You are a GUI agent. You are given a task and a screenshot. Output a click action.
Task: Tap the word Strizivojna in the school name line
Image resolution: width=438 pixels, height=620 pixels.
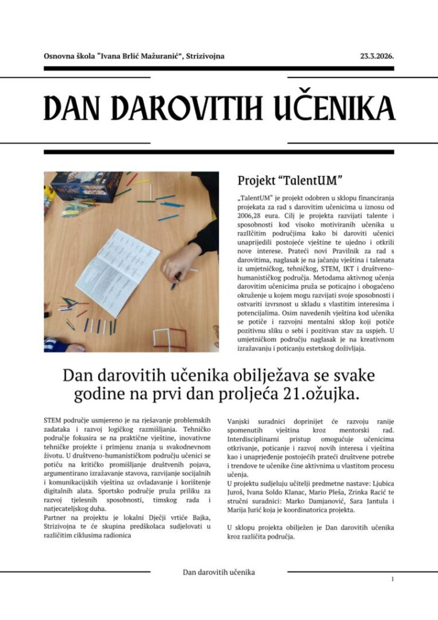coord(204,56)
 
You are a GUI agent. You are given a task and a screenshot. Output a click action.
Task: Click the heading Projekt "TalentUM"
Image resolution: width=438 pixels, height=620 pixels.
coord(290,180)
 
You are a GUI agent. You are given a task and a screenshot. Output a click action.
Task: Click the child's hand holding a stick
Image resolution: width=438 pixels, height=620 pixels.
coord(179,267)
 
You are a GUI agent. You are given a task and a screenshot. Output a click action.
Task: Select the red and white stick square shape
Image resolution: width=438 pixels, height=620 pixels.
coord(169,339)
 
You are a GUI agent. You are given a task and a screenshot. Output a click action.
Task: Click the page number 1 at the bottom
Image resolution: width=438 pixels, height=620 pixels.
coord(393,579)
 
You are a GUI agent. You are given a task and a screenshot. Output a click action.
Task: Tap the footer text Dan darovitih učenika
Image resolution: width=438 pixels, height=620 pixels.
coord(218,572)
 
